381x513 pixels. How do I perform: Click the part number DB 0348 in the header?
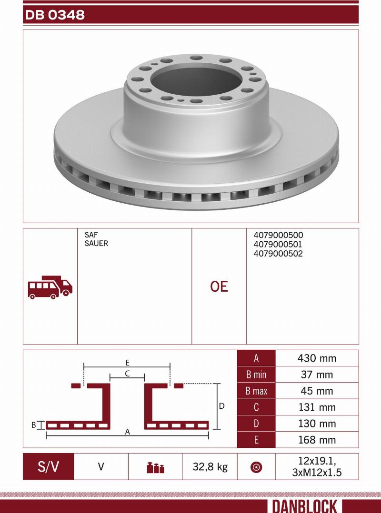tap(54, 15)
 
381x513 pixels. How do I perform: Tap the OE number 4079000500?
tap(278, 235)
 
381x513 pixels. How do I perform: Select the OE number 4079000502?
tap(278, 254)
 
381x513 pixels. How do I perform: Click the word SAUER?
tap(96, 244)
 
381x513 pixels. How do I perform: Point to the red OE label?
tap(219, 286)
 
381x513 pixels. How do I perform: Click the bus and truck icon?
tap(50, 287)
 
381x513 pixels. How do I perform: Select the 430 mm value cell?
tap(317, 358)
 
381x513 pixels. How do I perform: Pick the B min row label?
tap(256, 375)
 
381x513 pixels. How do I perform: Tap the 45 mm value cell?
tap(317, 391)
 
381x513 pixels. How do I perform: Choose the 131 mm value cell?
tap(317, 407)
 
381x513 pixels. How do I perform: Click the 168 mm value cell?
tap(317, 440)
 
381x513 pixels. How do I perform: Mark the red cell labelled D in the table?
tap(256, 424)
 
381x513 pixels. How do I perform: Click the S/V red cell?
tap(48, 466)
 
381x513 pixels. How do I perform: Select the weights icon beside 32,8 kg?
tap(155, 467)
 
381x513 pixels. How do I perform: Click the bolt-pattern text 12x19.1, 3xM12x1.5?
tap(317, 466)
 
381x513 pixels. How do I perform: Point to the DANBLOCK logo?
tap(305, 506)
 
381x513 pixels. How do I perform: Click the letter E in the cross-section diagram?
tap(128, 362)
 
